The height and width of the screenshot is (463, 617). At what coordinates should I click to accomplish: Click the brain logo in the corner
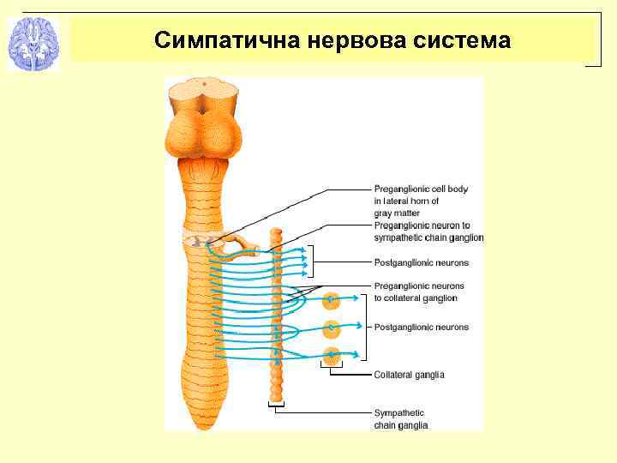33,42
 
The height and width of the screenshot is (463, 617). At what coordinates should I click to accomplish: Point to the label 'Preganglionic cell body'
421,189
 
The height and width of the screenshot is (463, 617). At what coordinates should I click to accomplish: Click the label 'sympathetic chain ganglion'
428,238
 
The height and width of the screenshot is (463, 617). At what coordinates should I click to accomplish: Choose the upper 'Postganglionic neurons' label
421,262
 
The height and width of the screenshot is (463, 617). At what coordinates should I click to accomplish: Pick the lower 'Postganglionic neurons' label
421,328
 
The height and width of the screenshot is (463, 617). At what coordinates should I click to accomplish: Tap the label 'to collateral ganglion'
416,298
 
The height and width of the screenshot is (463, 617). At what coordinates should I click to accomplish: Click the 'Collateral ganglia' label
409,375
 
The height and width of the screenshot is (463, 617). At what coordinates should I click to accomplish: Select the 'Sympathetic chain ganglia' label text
399,419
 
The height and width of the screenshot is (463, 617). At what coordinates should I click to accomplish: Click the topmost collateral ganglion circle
332,301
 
